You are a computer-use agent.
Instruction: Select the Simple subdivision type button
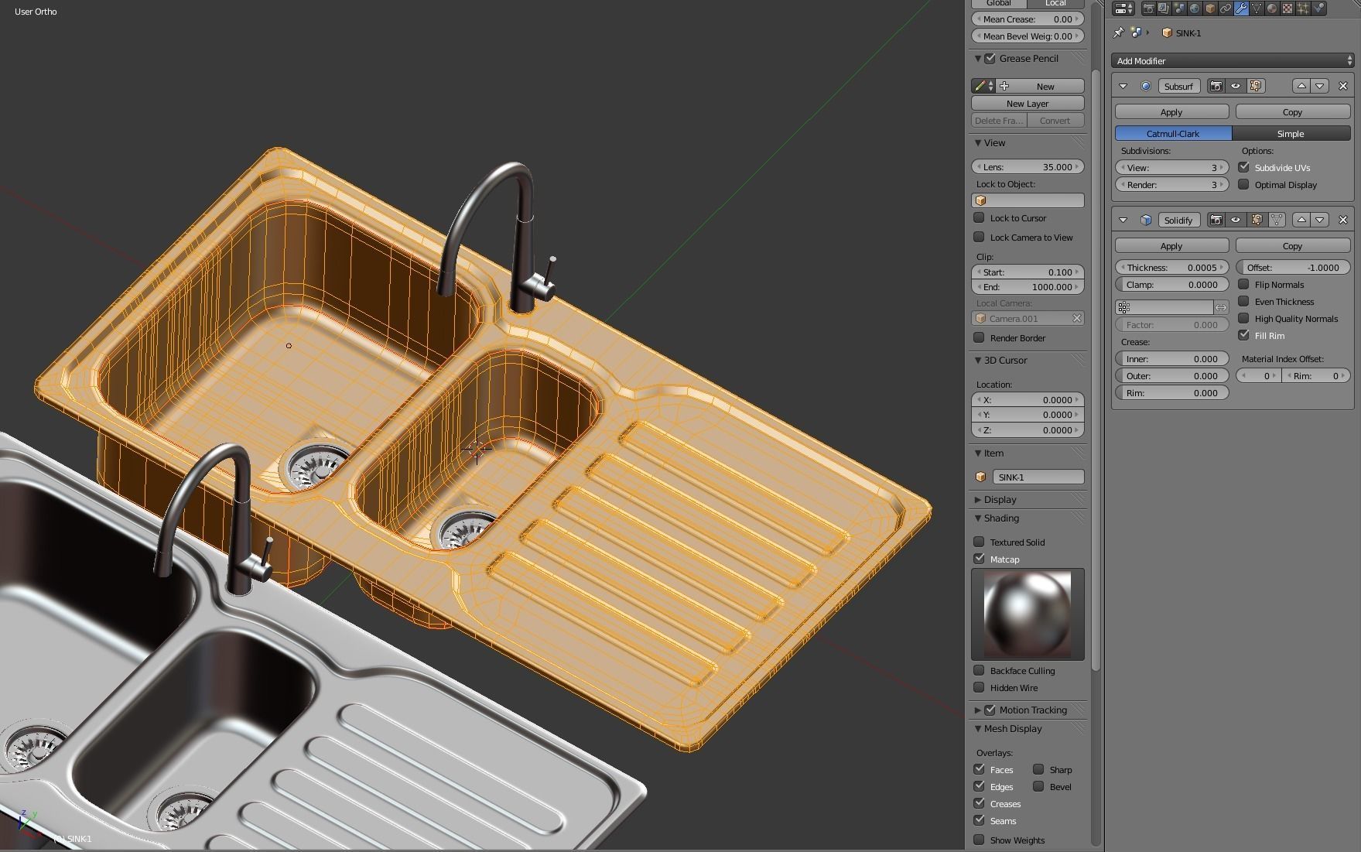(x=1290, y=134)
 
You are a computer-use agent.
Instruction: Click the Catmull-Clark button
(x=1173, y=134)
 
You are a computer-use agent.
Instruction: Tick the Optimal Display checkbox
(x=1244, y=185)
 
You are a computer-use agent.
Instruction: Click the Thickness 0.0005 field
(x=1171, y=267)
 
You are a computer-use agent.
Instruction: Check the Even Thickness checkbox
(x=1244, y=302)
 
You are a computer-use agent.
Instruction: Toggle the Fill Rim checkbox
(x=1244, y=336)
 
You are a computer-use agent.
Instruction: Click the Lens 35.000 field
(x=1027, y=167)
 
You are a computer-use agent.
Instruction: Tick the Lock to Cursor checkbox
(x=980, y=218)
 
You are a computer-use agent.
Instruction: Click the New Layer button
(x=1027, y=104)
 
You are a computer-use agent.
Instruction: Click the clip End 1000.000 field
(x=1027, y=287)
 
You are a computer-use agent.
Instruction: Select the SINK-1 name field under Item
(x=1038, y=477)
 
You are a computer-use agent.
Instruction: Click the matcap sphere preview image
(x=1027, y=614)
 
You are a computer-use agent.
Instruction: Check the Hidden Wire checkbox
(x=980, y=688)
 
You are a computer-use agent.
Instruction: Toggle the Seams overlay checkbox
(x=980, y=821)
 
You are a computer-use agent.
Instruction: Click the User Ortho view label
(x=36, y=12)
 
